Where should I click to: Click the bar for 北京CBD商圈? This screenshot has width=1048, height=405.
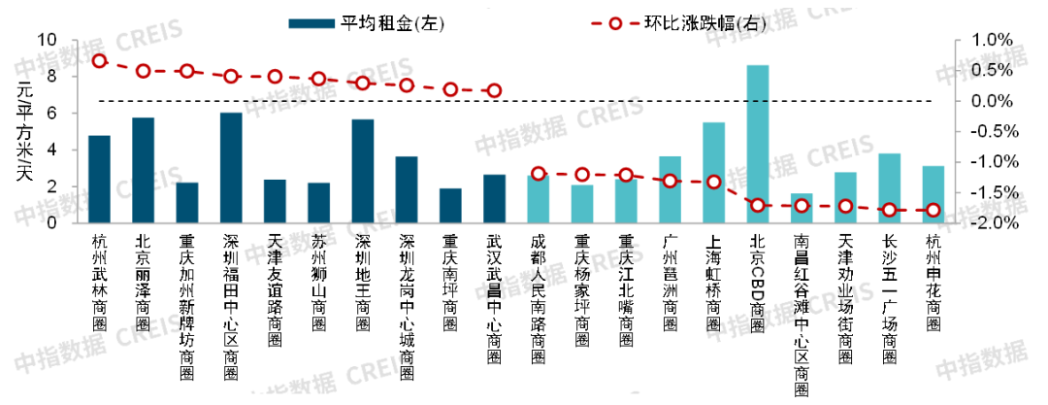pos(757,144)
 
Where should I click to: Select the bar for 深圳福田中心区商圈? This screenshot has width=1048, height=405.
pos(231,168)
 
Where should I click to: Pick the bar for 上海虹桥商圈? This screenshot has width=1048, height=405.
pos(713,173)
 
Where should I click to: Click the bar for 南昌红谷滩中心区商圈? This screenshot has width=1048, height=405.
pos(802,208)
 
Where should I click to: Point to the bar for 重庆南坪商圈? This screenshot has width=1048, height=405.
pos(450,205)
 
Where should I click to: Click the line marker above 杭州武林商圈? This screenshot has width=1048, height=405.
pos(99,60)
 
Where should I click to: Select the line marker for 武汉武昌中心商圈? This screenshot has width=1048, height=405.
pos(494,90)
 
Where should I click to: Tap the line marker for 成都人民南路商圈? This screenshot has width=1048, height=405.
pos(538,173)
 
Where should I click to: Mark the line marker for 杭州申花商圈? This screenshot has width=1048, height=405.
pos(933,210)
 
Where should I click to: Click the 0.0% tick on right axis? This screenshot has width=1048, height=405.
pos(988,101)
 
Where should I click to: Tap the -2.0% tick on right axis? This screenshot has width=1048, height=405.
pos(986,222)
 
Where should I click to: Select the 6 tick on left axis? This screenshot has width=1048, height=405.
pos(61,113)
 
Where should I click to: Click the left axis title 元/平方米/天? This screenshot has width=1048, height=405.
pos(23,130)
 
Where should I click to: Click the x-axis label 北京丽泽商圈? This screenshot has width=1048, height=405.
pos(143,282)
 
